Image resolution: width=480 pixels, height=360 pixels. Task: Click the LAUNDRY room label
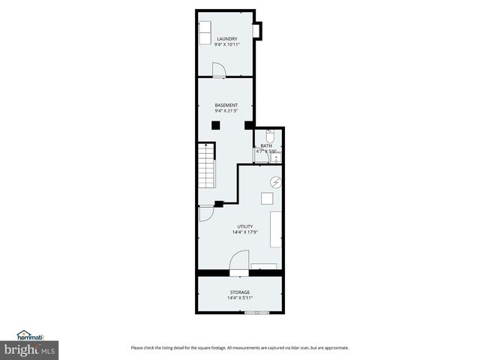226,38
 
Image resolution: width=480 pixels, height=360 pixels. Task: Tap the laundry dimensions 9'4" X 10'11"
226,45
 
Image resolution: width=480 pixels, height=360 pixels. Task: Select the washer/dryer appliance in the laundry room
205,32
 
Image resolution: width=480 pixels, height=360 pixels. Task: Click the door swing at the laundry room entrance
218,70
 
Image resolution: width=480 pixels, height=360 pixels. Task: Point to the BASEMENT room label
226,105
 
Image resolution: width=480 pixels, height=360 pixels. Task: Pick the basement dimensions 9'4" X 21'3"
226,112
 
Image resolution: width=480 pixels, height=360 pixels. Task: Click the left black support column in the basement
215,125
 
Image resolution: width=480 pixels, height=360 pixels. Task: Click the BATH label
266,145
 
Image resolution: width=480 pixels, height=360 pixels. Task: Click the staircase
207,166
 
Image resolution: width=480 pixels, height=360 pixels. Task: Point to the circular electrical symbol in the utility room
276,181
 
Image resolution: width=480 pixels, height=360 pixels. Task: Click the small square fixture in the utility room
267,198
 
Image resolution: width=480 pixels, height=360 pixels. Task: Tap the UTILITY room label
244,226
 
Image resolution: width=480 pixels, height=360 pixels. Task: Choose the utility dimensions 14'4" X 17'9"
244,232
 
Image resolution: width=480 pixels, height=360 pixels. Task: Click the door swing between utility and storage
239,260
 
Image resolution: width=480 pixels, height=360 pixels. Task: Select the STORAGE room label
239,292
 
